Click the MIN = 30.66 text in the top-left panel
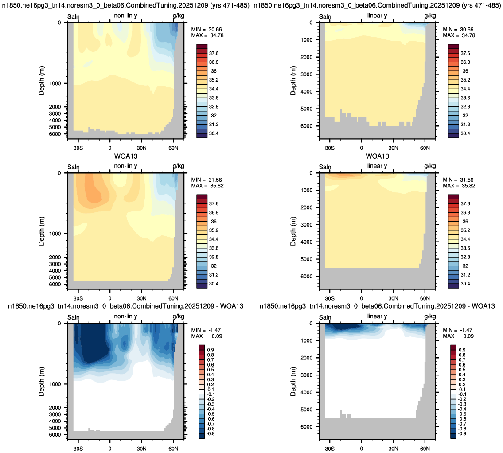(x=207, y=30)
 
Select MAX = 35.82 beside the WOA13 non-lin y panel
(x=207, y=186)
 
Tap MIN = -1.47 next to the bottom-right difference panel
(x=458, y=330)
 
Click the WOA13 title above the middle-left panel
(x=126, y=156)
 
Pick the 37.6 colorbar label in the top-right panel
(x=465, y=53)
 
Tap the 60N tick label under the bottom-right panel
(x=425, y=449)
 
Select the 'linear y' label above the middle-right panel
(x=377, y=166)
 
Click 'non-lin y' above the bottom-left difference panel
(x=125, y=316)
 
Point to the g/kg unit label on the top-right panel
(x=430, y=16)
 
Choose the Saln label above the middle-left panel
(x=74, y=167)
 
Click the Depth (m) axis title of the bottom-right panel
(x=293, y=382)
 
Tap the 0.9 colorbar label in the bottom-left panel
(x=211, y=350)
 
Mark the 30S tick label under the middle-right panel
(x=329, y=298)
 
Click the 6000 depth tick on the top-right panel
(x=306, y=126)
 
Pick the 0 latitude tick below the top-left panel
(x=110, y=148)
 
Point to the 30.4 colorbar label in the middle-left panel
(x=214, y=284)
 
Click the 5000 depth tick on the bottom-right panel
(x=306, y=410)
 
